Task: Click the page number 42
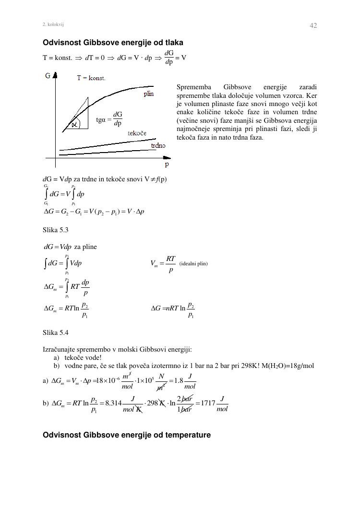pos(313,25)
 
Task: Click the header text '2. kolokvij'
pos(53,24)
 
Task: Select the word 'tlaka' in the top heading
pos(174,43)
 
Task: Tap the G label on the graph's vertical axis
pos(48,76)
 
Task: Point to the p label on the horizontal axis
pos(167,164)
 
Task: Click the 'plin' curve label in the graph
pos(149,94)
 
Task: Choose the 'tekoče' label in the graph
pos(137,133)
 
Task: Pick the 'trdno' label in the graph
pos(158,146)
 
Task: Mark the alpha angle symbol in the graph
pos(74,124)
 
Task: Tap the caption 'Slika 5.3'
pos(56,230)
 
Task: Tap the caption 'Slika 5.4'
pos(56,332)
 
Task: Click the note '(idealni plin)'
pos(193,263)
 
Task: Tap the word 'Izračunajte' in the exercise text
pos(60,349)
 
